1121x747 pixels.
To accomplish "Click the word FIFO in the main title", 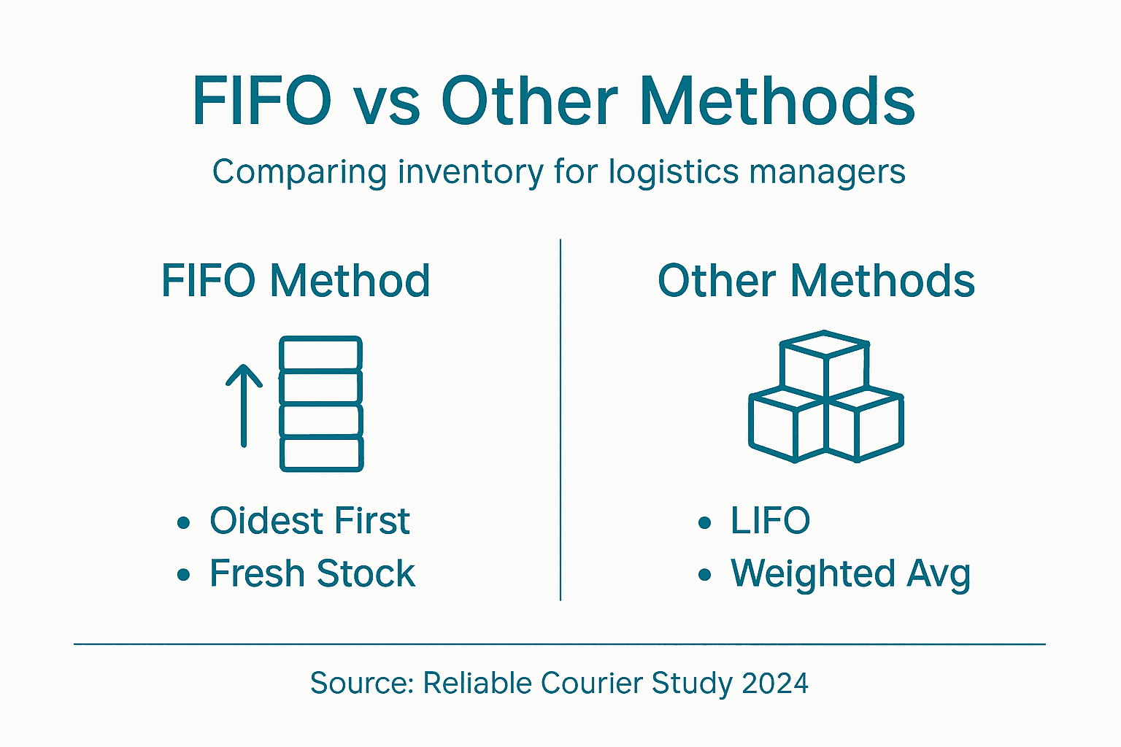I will pos(262,101).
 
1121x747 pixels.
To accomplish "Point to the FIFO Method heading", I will pos(296,281).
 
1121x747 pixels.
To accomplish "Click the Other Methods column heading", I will pos(816,281).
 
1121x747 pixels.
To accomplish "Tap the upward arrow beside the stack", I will pos(244,405).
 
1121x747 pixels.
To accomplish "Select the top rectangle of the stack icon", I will pos(321,354).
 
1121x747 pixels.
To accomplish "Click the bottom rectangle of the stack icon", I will pos(322,454).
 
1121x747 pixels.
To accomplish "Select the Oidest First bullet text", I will pos(309,521).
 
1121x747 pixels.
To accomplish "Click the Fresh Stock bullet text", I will pos(312,573).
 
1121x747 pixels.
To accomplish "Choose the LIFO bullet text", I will pos(770,521).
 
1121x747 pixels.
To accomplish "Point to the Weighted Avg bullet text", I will pos(850,574).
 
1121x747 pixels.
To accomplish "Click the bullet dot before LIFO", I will pos(704,522).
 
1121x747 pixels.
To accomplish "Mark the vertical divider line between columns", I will pos(560,419).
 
